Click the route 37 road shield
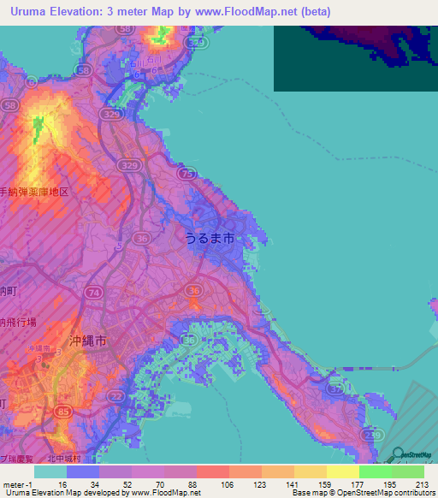pyautogui.click(x=335, y=391)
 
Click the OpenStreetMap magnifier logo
pyautogui.click(x=399, y=454)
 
